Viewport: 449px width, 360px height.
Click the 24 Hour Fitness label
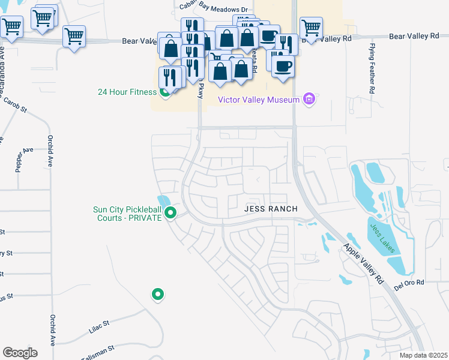(127, 92)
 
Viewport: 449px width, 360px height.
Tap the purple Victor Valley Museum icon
(309, 98)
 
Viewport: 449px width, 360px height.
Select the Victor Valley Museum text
(258, 100)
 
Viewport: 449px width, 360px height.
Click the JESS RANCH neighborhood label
(271, 209)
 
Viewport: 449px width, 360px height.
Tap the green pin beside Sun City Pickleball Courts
(170, 212)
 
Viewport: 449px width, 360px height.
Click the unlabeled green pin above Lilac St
(158, 294)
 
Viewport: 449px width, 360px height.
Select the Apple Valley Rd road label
(364, 263)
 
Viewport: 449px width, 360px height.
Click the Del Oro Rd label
(409, 282)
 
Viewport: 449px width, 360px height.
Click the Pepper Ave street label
(19, 160)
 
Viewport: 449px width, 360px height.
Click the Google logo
(20, 352)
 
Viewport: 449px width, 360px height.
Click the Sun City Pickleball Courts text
(127, 214)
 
